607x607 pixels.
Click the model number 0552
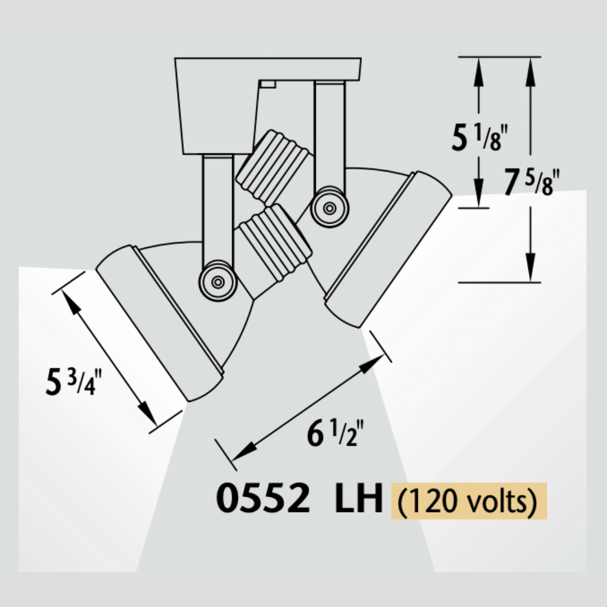263,499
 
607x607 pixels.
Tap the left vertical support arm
218,208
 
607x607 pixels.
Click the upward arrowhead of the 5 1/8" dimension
478,70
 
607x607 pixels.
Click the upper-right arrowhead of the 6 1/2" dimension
374,364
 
